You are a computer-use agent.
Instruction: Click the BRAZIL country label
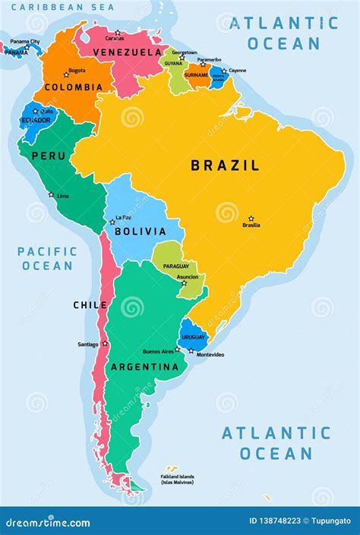225,165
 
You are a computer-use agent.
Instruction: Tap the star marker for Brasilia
251,219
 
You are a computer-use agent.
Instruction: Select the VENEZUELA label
127,52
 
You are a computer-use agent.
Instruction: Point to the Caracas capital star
117,33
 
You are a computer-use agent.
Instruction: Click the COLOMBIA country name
73,87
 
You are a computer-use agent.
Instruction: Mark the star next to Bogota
66,74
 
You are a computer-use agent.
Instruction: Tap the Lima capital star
52,194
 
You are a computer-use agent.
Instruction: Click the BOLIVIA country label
140,231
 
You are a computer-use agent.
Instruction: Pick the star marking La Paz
112,222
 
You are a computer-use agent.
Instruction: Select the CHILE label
90,305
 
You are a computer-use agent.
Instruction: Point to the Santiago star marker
105,344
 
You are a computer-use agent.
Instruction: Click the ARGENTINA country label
145,367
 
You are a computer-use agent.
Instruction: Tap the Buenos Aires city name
158,351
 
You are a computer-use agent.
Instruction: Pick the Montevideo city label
210,355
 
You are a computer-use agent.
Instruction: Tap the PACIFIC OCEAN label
47,258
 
